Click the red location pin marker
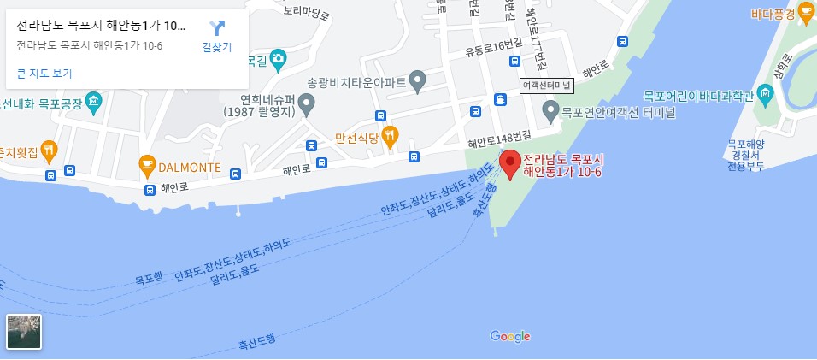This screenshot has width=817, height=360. (510, 163)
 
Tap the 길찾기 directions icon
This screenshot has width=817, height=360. (217, 28)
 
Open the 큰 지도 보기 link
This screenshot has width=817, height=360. (44, 74)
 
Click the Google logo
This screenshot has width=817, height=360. (510, 336)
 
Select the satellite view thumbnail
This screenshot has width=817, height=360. (24, 332)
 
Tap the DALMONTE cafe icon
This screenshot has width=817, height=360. (146, 164)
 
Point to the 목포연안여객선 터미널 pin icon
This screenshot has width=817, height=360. (551, 109)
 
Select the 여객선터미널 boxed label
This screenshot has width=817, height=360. (547, 86)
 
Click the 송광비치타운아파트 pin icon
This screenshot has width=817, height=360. (417, 81)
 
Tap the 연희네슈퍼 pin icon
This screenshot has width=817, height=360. (308, 105)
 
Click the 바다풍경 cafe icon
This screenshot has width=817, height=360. (805, 12)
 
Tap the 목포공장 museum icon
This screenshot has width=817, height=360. (93, 103)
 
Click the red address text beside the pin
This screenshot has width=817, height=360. (564, 166)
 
